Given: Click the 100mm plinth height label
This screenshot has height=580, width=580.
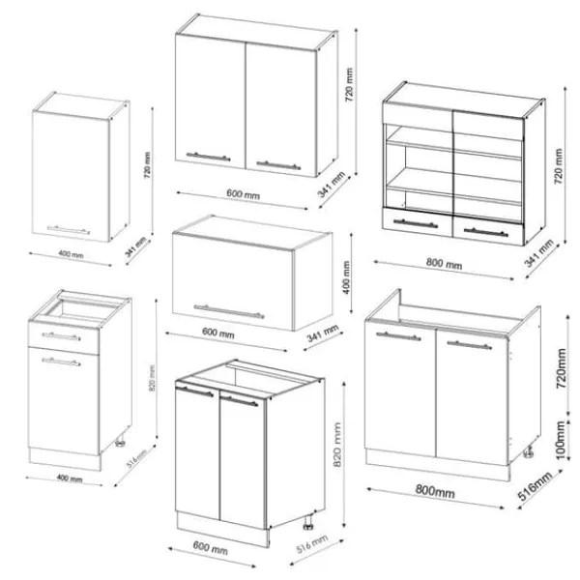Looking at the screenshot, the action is pyautogui.click(x=561, y=440).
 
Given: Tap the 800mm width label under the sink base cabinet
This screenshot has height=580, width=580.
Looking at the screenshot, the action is pyautogui.click(x=435, y=491).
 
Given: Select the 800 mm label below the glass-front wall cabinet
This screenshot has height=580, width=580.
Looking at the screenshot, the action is pyautogui.click(x=444, y=263).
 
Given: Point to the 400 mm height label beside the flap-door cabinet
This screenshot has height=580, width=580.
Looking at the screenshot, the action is pyautogui.click(x=346, y=277).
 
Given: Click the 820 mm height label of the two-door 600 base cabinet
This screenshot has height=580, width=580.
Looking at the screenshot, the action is pyautogui.click(x=337, y=445).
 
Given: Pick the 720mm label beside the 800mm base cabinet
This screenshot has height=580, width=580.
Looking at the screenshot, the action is pyautogui.click(x=561, y=368).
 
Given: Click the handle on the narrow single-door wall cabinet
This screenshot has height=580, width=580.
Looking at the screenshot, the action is pyautogui.click(x=69, y=230).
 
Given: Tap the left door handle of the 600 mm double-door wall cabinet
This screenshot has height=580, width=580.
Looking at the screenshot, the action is pyautogui.click(x=208, y=157).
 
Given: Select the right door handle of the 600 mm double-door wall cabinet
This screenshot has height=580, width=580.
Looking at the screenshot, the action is pyautogui.click(x=278, y=165).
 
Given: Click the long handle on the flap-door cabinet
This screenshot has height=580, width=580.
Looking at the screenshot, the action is pyautogui.click(x=229, y=311).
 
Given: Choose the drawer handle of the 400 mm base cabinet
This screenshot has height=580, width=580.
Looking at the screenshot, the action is pyautogui.click(x=61, y=336).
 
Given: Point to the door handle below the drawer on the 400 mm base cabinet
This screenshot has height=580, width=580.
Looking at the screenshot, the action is pyautogui.click(x=61, y=362).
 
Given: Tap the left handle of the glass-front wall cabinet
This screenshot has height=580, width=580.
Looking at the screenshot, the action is pyautogui.click(x=416, y=223).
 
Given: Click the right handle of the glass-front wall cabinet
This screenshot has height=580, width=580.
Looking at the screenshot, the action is pyautogui.click(x=485, y=232).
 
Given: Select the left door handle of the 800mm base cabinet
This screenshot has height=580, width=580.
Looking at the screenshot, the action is pyautogui.click(x=398, y=335).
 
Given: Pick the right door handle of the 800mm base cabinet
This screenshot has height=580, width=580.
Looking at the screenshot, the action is pyautogui.click(x=470, y=345).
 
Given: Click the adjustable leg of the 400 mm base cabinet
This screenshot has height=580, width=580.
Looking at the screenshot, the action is pyautogui.click(x=120, y=442).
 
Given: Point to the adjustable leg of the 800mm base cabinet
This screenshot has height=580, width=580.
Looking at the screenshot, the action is pyautogui.click(x=529, y=451).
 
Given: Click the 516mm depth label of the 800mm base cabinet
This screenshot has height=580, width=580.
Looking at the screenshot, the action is pyautogui.click(x=535, y=486).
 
